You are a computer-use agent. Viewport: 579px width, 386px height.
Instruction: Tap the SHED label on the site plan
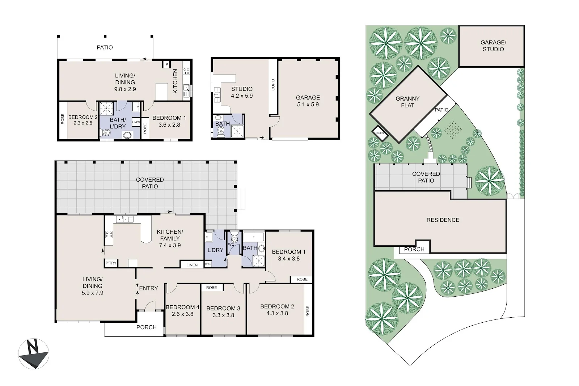(380, 133)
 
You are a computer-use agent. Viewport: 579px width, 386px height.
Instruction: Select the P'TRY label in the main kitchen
(111, 263)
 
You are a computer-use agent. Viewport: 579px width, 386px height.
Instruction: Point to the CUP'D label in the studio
(273, 85)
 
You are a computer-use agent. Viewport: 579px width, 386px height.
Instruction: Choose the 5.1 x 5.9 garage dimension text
(308, 105)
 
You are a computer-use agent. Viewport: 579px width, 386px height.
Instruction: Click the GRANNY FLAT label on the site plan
(407, 102)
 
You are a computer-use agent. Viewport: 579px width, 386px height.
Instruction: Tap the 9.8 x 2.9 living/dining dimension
(125, 89)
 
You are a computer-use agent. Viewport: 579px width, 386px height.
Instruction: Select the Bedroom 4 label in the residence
(182, 307)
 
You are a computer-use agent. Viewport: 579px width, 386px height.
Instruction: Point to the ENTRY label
(148, 288)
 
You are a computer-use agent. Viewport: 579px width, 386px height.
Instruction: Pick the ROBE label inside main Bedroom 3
(211, 288)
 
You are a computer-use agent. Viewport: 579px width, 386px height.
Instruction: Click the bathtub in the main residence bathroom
(253, 237)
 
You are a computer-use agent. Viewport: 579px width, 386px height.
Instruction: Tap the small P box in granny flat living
(167, 64)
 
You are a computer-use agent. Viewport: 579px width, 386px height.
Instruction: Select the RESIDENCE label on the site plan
(443, 220)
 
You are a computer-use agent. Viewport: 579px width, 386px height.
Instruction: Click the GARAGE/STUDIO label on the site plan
(493, 46)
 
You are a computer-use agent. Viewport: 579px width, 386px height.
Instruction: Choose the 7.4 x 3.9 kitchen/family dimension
(170, 245)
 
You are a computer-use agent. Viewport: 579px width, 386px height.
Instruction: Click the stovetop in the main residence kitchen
(109, 234)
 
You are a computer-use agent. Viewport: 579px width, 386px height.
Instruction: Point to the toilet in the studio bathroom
(220, 132)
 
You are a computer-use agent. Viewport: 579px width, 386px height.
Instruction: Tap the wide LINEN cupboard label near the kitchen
(192, 265)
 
